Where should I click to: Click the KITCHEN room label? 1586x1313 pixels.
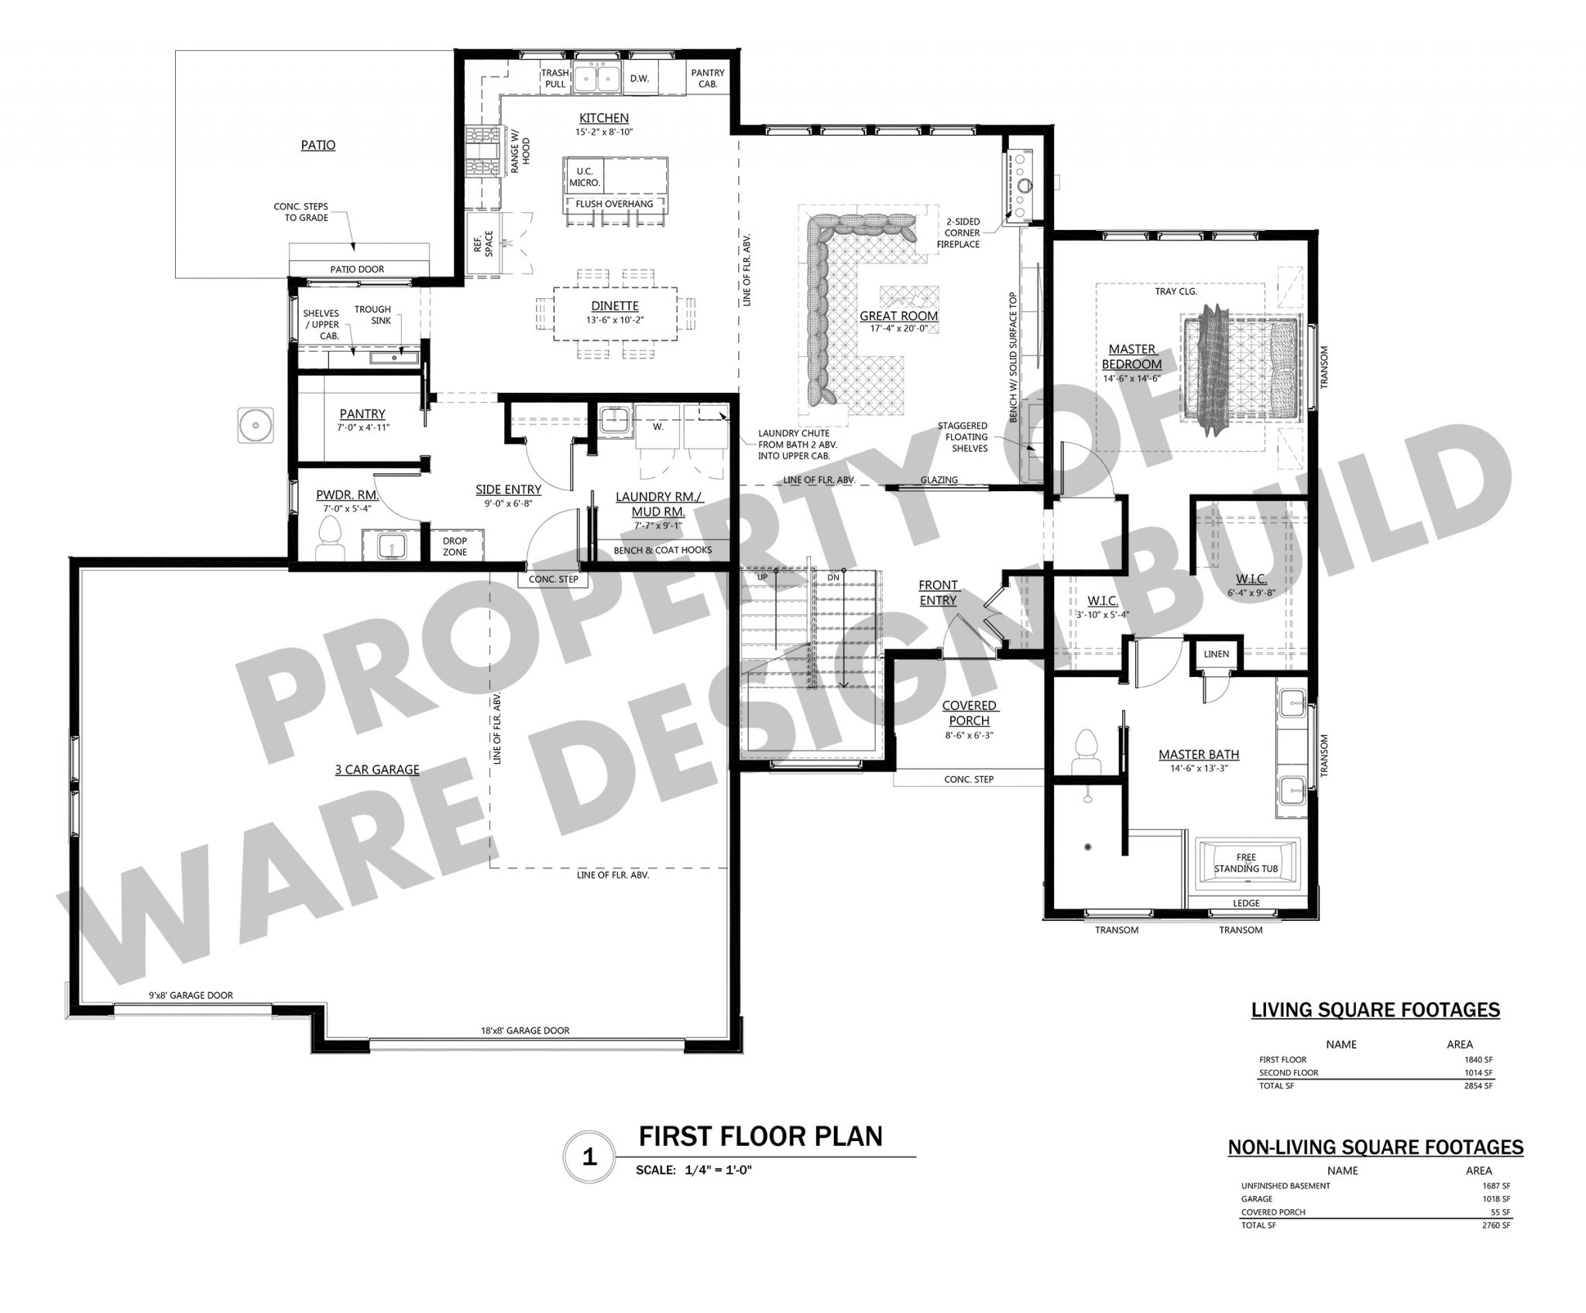[x=604, y=119]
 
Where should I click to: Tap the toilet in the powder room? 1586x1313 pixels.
[x=330, y=537]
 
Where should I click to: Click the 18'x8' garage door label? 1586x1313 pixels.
[x=524, y=1030]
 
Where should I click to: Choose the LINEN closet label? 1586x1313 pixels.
[x=1216, y=654]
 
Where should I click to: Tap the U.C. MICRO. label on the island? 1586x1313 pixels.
[x=585, y=177]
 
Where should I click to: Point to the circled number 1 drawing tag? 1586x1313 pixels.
[x=589, y=1157]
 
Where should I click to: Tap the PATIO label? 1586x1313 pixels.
[x=318, y=145]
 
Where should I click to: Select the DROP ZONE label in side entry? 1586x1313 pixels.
[x=455, y=547]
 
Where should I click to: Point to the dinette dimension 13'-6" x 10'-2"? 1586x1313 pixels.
[x=616, y=320]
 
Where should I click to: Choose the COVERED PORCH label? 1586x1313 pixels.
[x=969, y=713]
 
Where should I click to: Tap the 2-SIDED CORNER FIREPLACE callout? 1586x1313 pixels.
[x=958, y=232]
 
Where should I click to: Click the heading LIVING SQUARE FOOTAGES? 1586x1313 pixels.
[x=1375, y=1010]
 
